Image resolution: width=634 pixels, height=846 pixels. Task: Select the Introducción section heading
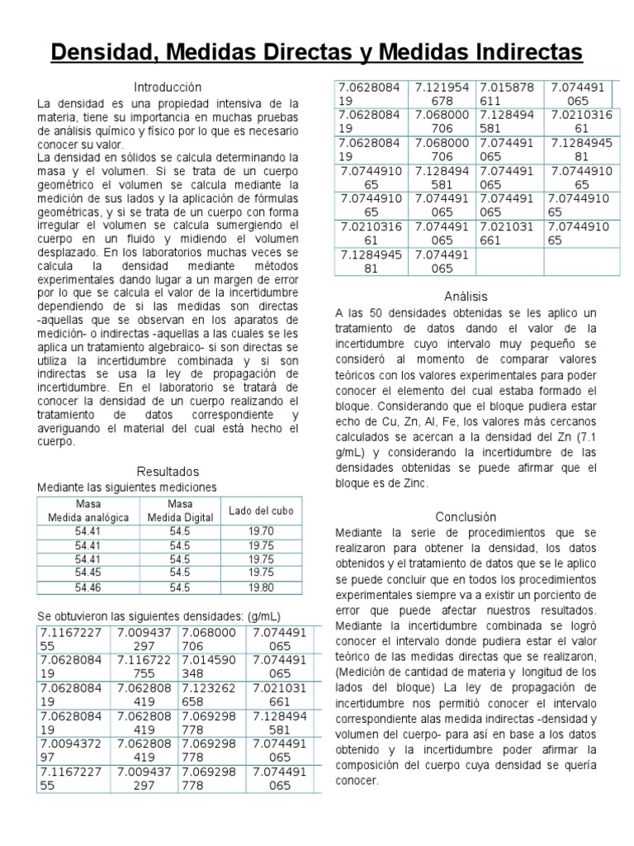pos(168,87)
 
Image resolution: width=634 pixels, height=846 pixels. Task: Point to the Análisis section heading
pos(465,296)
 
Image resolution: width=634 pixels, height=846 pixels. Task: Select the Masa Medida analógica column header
pos(88,511)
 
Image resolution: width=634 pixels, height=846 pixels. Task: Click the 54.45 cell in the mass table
pos(88,572)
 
